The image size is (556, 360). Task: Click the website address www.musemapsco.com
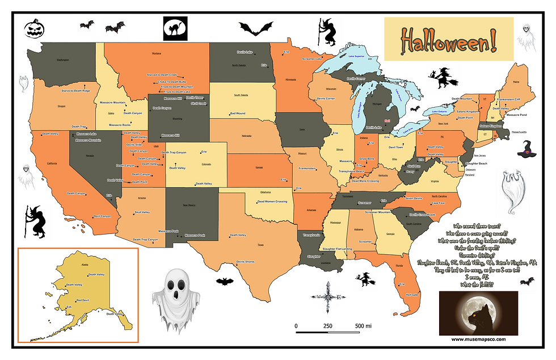point(478,339)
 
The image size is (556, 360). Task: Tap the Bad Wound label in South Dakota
point(237,114)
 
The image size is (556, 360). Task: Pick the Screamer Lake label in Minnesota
point(312,58)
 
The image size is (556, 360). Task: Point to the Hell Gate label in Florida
point(412,294)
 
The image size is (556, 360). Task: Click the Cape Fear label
point(438,203)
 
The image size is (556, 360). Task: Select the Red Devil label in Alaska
point(82,300)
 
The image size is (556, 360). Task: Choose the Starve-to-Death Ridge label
point(75,91)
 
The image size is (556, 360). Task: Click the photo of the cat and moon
point(478,313)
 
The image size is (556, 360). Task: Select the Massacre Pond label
point(516,115)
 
